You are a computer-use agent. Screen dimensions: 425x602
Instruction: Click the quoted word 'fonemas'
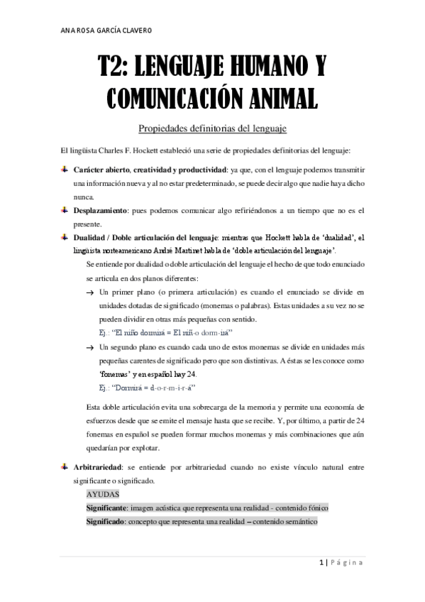[x=116, y=373]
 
